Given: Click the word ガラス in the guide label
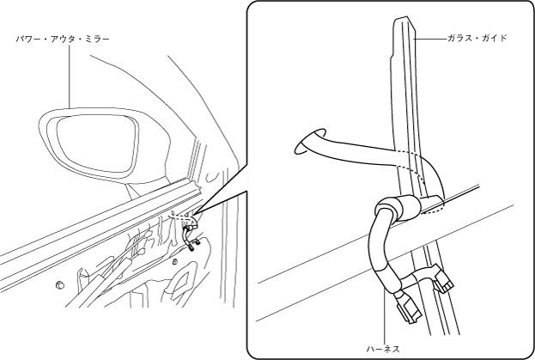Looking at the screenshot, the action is click(461, 39).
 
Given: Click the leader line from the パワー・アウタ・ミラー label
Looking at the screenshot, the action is click(69, 77).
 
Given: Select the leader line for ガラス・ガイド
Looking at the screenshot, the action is click(429, 39).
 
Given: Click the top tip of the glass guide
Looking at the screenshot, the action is click(404, 21).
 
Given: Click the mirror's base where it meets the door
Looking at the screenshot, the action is click(163, 184).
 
